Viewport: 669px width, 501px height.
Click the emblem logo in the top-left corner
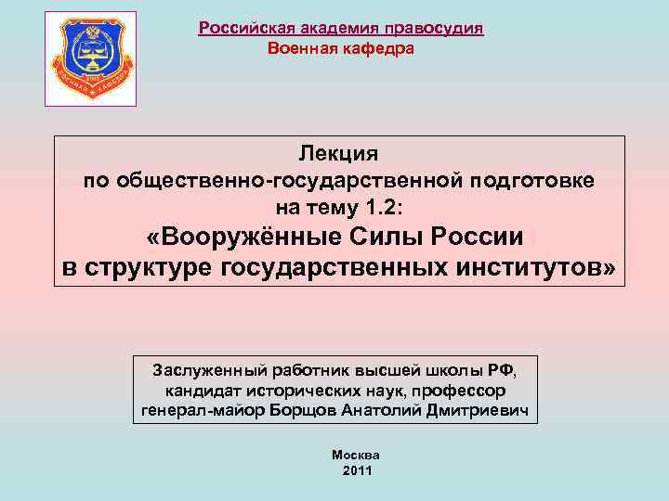(90, 58)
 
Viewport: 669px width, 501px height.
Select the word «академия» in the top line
(328, 28)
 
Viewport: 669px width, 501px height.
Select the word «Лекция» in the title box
(339, 152)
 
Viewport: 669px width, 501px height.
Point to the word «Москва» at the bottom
(356, 456)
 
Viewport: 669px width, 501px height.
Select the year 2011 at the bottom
(357, 471)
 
